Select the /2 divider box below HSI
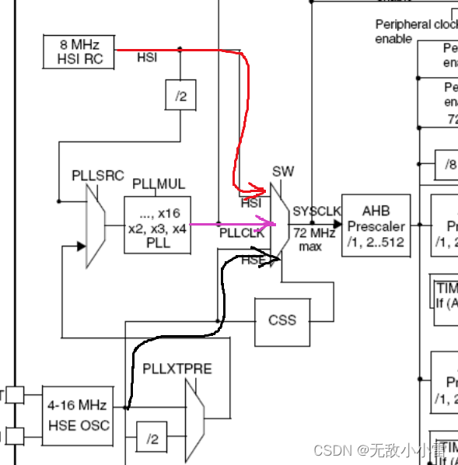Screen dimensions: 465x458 [x=180, y=96]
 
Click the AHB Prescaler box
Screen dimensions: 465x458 [x=375, y=225]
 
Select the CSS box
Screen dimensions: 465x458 [x=282, y=320]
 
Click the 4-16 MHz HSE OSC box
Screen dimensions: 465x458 [x=77, y=415]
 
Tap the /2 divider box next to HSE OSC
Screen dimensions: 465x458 [x=152, y=439]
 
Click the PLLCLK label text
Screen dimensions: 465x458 [x=241, y=232]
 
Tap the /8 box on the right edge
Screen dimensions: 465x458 [x=450, y=165]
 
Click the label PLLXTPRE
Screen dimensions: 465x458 [x=177, y=368]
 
